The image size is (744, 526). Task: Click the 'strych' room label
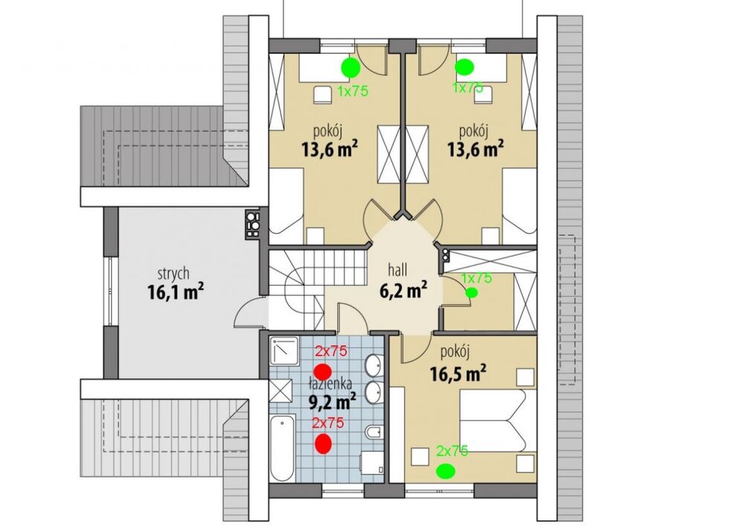173,274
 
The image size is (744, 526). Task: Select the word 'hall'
397,270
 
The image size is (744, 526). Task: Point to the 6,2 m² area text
403,289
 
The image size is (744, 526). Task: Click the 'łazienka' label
329,383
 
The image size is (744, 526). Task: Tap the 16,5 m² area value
458,373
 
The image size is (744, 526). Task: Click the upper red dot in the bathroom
324,371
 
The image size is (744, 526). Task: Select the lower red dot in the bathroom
324,443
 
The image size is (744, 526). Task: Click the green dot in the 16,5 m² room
446,471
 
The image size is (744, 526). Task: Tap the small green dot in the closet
471,292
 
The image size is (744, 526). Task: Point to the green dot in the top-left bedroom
350,68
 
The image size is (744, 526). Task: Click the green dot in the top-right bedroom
464,67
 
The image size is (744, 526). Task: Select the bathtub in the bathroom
282,447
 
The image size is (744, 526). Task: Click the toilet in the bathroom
373,432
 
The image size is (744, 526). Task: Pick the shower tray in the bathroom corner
283,350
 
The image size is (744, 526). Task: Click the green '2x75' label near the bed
452,451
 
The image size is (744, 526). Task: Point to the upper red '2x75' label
332,351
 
